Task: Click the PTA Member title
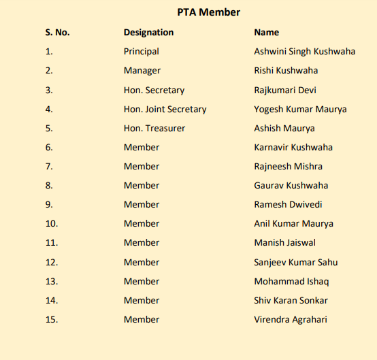click(x=208, y=12)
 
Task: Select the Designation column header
click(x=148, y=32)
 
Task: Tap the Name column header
click(x=266, y=32)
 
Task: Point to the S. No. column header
click(x=58, y=32)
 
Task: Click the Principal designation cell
click(x=141, y=51)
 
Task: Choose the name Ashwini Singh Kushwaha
click(x=304, y=51)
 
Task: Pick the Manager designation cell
click(x=142, y=70)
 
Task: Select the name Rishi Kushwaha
click(x=286, y=70)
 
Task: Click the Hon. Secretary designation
click(x=154, y=90)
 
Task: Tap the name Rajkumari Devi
click(x=284, y=90)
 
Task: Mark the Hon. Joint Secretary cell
click(x=165, y=109)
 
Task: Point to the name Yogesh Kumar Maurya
click(x=300, y=109)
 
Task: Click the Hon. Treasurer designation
click(x=154, y=128)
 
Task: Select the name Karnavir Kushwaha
click(x=293, y=147)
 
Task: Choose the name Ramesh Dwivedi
click(x=288, y=204)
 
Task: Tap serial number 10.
click(x=52, y=223)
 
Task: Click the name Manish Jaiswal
click(x=284, y=242)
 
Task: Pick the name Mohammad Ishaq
click(x=291, y=281)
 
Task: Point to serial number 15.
click(x=52, y=319)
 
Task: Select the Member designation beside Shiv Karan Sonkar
click(x=142, y=300)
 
